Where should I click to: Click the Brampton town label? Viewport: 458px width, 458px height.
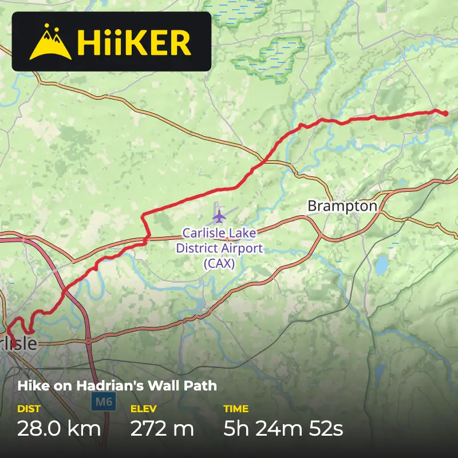(342, 206)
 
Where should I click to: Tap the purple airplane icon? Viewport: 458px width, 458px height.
(219, 216)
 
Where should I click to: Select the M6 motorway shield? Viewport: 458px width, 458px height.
(103, 401)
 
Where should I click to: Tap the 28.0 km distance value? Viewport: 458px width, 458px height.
(59, 428)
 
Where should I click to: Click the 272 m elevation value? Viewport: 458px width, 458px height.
(162, 428)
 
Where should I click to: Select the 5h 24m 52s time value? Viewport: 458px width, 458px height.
(283, 428)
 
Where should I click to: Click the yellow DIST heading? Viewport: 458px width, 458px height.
(29, 409)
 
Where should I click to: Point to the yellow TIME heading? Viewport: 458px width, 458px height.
(236, 409)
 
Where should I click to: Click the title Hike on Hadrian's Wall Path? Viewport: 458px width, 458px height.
(117, 385)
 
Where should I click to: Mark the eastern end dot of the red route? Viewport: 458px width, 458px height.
(445, 113)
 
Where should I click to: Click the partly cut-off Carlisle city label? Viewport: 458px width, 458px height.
(18, 344)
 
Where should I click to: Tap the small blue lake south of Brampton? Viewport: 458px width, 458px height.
(382, 264)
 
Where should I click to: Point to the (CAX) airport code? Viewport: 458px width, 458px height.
(219, 263)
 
